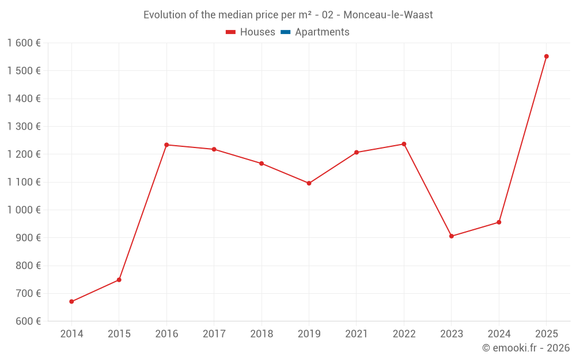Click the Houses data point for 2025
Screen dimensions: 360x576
546,56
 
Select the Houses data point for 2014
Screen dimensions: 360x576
71,301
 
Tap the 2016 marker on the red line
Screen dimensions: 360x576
166,145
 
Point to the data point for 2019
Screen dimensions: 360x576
309,183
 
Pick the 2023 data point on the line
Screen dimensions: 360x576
452,236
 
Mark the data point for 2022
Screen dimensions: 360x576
404,144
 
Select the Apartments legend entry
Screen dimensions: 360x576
322,32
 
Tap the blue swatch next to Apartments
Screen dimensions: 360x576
285,32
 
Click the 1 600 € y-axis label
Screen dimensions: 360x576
24,43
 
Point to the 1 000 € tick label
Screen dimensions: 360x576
24,210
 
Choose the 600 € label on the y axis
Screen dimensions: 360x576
27,321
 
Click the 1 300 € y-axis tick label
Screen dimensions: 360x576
24,126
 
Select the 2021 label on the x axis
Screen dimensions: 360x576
357,334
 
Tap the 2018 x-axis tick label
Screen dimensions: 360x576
262,334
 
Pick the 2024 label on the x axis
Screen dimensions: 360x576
499,334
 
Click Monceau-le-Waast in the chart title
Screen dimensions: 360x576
388,15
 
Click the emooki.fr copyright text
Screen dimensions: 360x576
526,348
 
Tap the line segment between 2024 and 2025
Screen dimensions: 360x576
522,139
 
